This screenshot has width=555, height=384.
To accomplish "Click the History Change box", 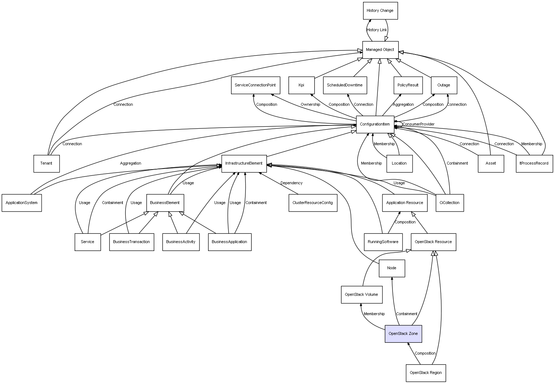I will [x=380, y=11].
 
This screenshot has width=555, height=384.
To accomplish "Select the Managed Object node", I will [x=380, y=50].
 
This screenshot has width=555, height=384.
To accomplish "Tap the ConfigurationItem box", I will [x=375, y=124].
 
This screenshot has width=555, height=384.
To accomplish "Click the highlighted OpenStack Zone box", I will [x=403, y=334].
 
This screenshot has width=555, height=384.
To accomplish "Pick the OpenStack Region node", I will [x=425, y=373].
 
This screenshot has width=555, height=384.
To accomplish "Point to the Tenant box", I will [x=46, y=163].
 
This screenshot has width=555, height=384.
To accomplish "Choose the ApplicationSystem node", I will [x=22, y=203].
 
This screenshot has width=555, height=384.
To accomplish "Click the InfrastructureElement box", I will [x=244, y=163].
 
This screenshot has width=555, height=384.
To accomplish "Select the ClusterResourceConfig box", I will [x=312, y=203].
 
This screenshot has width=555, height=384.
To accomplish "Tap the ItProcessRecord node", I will [x=534, y=163].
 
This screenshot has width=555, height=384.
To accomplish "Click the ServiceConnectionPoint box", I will [x=255, y=85].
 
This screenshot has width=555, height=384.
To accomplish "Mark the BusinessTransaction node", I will [x=131, y=242].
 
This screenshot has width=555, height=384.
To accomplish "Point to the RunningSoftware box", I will [x=383, y=242].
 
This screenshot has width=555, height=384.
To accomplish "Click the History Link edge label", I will [x=377, y=30].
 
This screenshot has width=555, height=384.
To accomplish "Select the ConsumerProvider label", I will [x=418, y=124].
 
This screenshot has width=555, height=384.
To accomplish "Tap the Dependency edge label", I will [x=291, y=183].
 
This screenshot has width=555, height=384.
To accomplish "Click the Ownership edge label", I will [x=310, y=105].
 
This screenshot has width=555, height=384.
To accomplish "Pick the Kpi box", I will [x=301, y=85].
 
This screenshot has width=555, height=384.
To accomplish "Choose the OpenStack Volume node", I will [x=361, y=295].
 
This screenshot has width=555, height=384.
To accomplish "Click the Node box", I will [x=392, y=268].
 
